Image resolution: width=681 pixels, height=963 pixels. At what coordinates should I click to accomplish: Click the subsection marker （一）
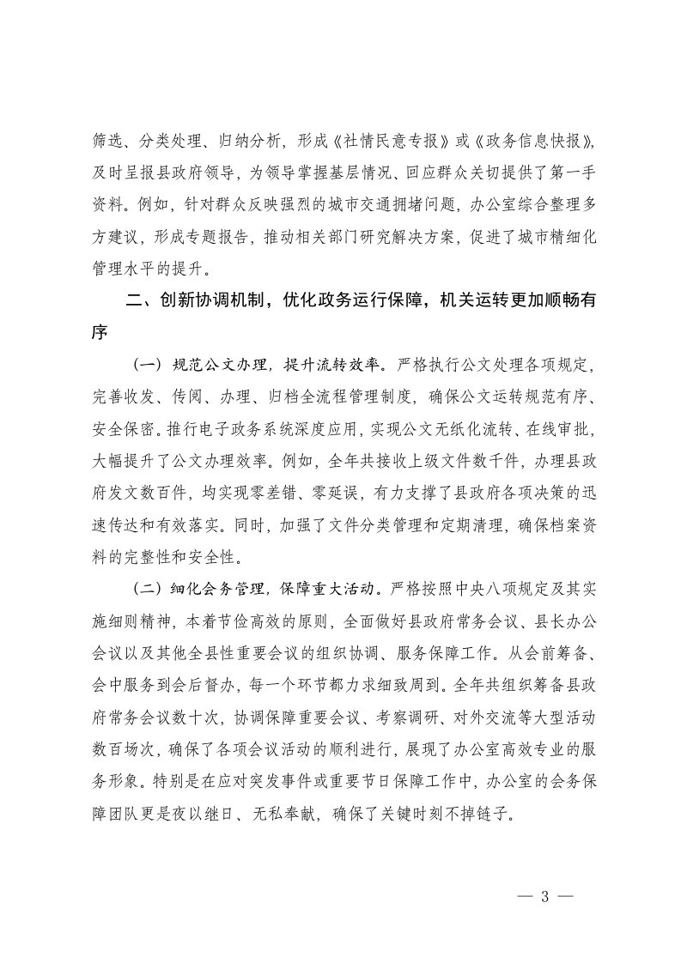coord(147,364)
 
